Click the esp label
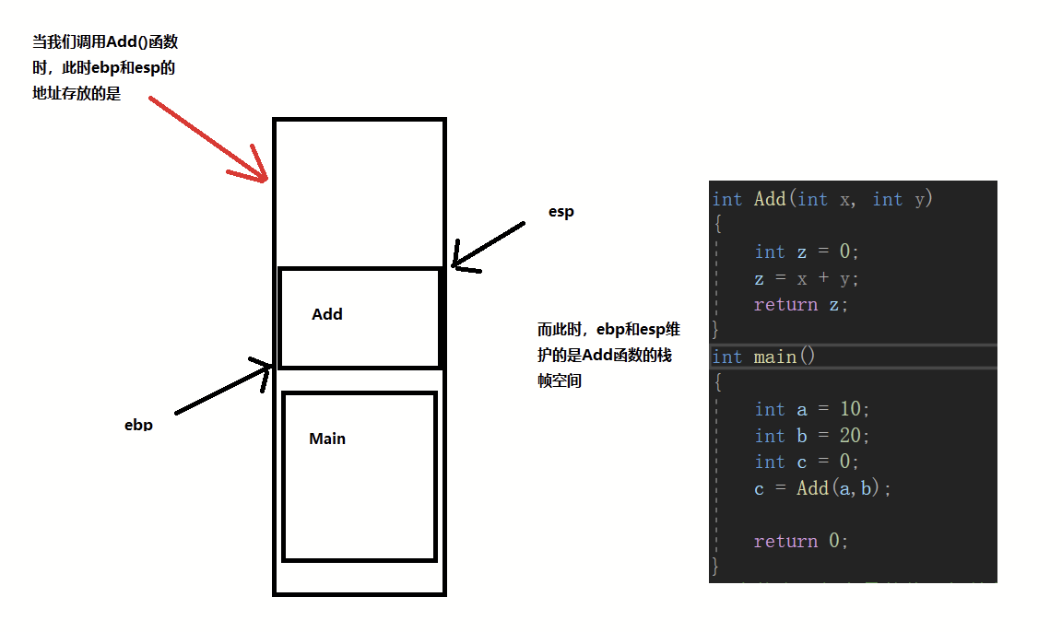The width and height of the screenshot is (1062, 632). point(560,212)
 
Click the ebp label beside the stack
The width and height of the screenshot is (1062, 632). point(138,425)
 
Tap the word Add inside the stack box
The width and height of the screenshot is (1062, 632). point(327,314)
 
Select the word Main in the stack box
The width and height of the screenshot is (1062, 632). point(327,439)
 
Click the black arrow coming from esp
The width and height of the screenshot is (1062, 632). point(488,245)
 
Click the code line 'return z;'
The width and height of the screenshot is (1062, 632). point(800,305)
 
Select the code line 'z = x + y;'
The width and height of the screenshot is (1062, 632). point(806,278)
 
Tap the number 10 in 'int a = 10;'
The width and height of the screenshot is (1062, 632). point(850,409)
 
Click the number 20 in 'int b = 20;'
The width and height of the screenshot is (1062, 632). point(850,435)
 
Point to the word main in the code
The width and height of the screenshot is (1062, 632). point(774,357)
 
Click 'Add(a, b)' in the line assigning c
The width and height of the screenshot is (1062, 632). point(838,488)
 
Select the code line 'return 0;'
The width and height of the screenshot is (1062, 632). point(800,541)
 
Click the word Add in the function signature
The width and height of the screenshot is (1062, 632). point(770,199)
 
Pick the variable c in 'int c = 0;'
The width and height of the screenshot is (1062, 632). point(802,462)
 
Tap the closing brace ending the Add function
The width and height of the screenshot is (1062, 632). point(715,329)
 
